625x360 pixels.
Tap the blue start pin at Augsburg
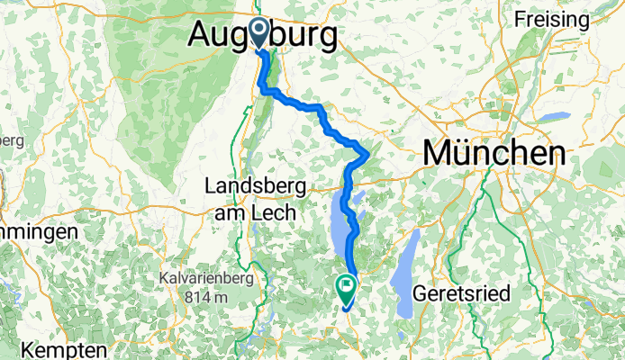tap(258, 33)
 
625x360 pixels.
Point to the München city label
tap(494, 153)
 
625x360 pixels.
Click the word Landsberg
tap(256, 186)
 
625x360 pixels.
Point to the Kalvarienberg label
tap(206, 278)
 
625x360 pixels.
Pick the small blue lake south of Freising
tap(555, 116)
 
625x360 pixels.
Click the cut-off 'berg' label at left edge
tap(11, 140)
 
